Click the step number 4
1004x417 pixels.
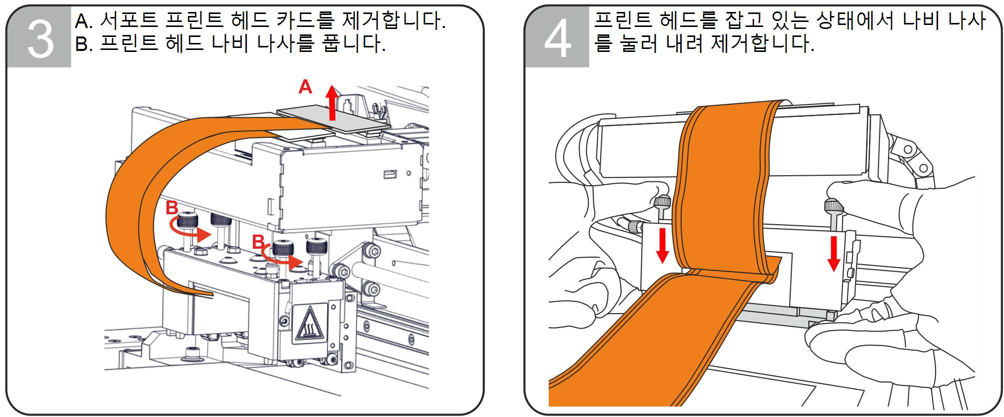[x=558, y=38]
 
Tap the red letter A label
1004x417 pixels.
[x=305, y=87]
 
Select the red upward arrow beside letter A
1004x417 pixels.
[x=332, y=102]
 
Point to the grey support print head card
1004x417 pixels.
[x=333, y=119]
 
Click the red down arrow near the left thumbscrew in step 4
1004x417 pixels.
[x=663, y=245]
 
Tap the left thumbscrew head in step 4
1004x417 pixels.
[x=663, y=202]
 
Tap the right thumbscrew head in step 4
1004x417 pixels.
[x=834, y=206]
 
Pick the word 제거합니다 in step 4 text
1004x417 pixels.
[x=763, y=43]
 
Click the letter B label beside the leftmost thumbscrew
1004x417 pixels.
[x=172, y=207]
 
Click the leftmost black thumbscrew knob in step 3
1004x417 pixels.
[x=187, y=220]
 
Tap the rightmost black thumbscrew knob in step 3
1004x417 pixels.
[x=316, y=246]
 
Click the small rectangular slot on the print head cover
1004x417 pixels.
[x=390, y=174]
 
